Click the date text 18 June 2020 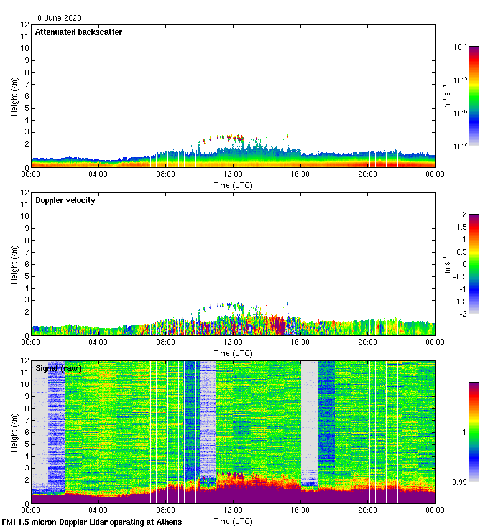pyautogui.click(x=57, y=18)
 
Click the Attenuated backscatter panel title pyautogui.click(x=78, y=32)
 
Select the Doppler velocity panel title pyautogui.click(x=65, y=200)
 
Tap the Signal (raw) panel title pyautogui.click(x=58, y=368)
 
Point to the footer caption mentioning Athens pyautogui.click(x=92, y=522)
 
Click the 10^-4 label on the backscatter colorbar pyautogui.click(x=460, y=47)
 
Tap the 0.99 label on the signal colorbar pyautogui.click(x=461, y=482)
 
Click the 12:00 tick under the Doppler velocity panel pyautogui.click(x=233, y=342)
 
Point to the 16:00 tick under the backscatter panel pyautogui.click(x=300, y=174)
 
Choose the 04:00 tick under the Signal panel pyautogui.click(x=98, y=510)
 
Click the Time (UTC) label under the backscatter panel pyautogui.click(x=233, y=185)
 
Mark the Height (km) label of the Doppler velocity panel pyautogui.click(x=14, y=264)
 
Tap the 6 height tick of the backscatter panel pyautogui.click(x=27, y=96)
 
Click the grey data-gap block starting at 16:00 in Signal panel pyautogui.click(x=309, y=417)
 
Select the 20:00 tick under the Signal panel pyautogui.click(x=367, y=510)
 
